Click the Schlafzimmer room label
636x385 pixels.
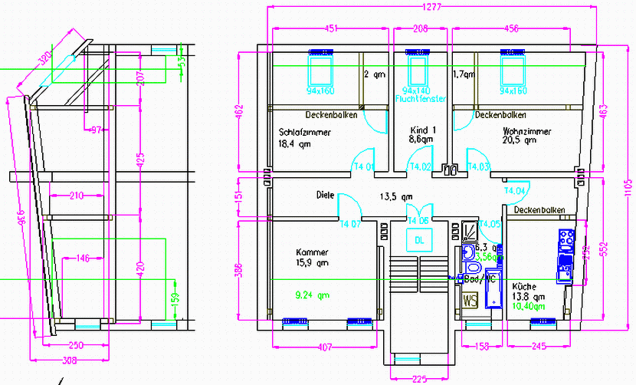point(305,132)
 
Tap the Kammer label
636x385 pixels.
point(312,252)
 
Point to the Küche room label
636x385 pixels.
point(523,285)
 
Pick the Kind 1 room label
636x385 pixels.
point(422,130)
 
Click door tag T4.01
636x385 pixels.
point(363,166)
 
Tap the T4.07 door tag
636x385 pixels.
point(350,224)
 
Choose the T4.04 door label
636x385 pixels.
point(515,190)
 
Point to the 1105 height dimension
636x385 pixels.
point(627,187)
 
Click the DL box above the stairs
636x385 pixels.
point(419,241)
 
